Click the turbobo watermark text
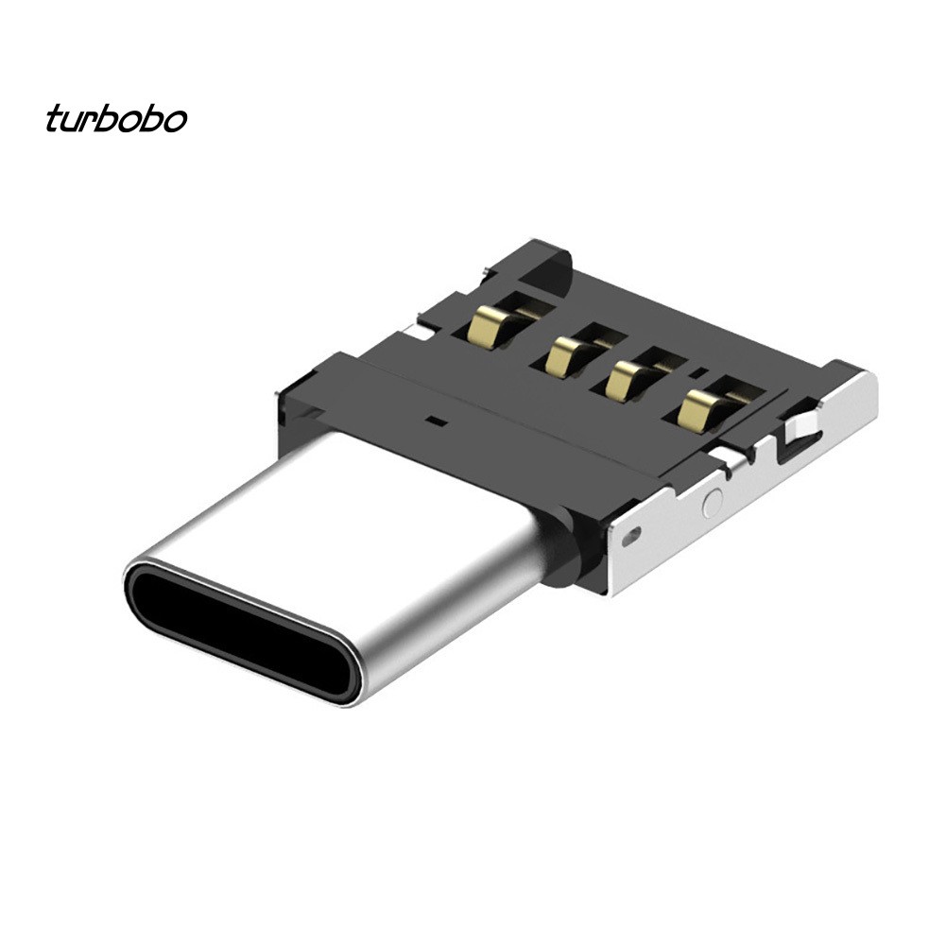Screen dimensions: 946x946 [x=115, y=120]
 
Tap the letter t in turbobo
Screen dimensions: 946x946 [x=53, y=120]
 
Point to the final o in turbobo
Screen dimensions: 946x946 [x=176, y=122]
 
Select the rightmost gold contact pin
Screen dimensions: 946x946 [x=700, y=407]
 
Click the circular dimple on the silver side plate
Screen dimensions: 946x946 [x=713, y=503]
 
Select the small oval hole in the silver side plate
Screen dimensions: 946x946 [x=630, y=536]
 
